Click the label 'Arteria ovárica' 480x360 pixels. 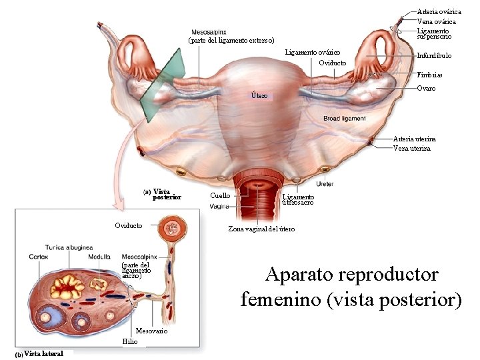[x=438, y=11]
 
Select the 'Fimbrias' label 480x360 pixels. [x=429, y=75]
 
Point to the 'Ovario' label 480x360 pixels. [x=426, y=88]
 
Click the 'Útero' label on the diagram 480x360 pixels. [x=259, y=96]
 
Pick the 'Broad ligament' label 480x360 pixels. [x=344, y=119]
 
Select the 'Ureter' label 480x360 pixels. [x=325, y=183]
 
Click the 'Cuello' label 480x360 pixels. [x=220, y=195]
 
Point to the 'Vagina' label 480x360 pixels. [x=219, y=207]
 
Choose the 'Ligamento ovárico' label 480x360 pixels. [x=313, y=52]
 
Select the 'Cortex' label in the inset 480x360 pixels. [x=38, y=257]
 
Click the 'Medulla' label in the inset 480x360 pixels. [x=99, y=257]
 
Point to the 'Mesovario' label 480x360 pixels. [x=151, y=331]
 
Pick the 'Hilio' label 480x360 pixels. [x=130, y=341]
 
